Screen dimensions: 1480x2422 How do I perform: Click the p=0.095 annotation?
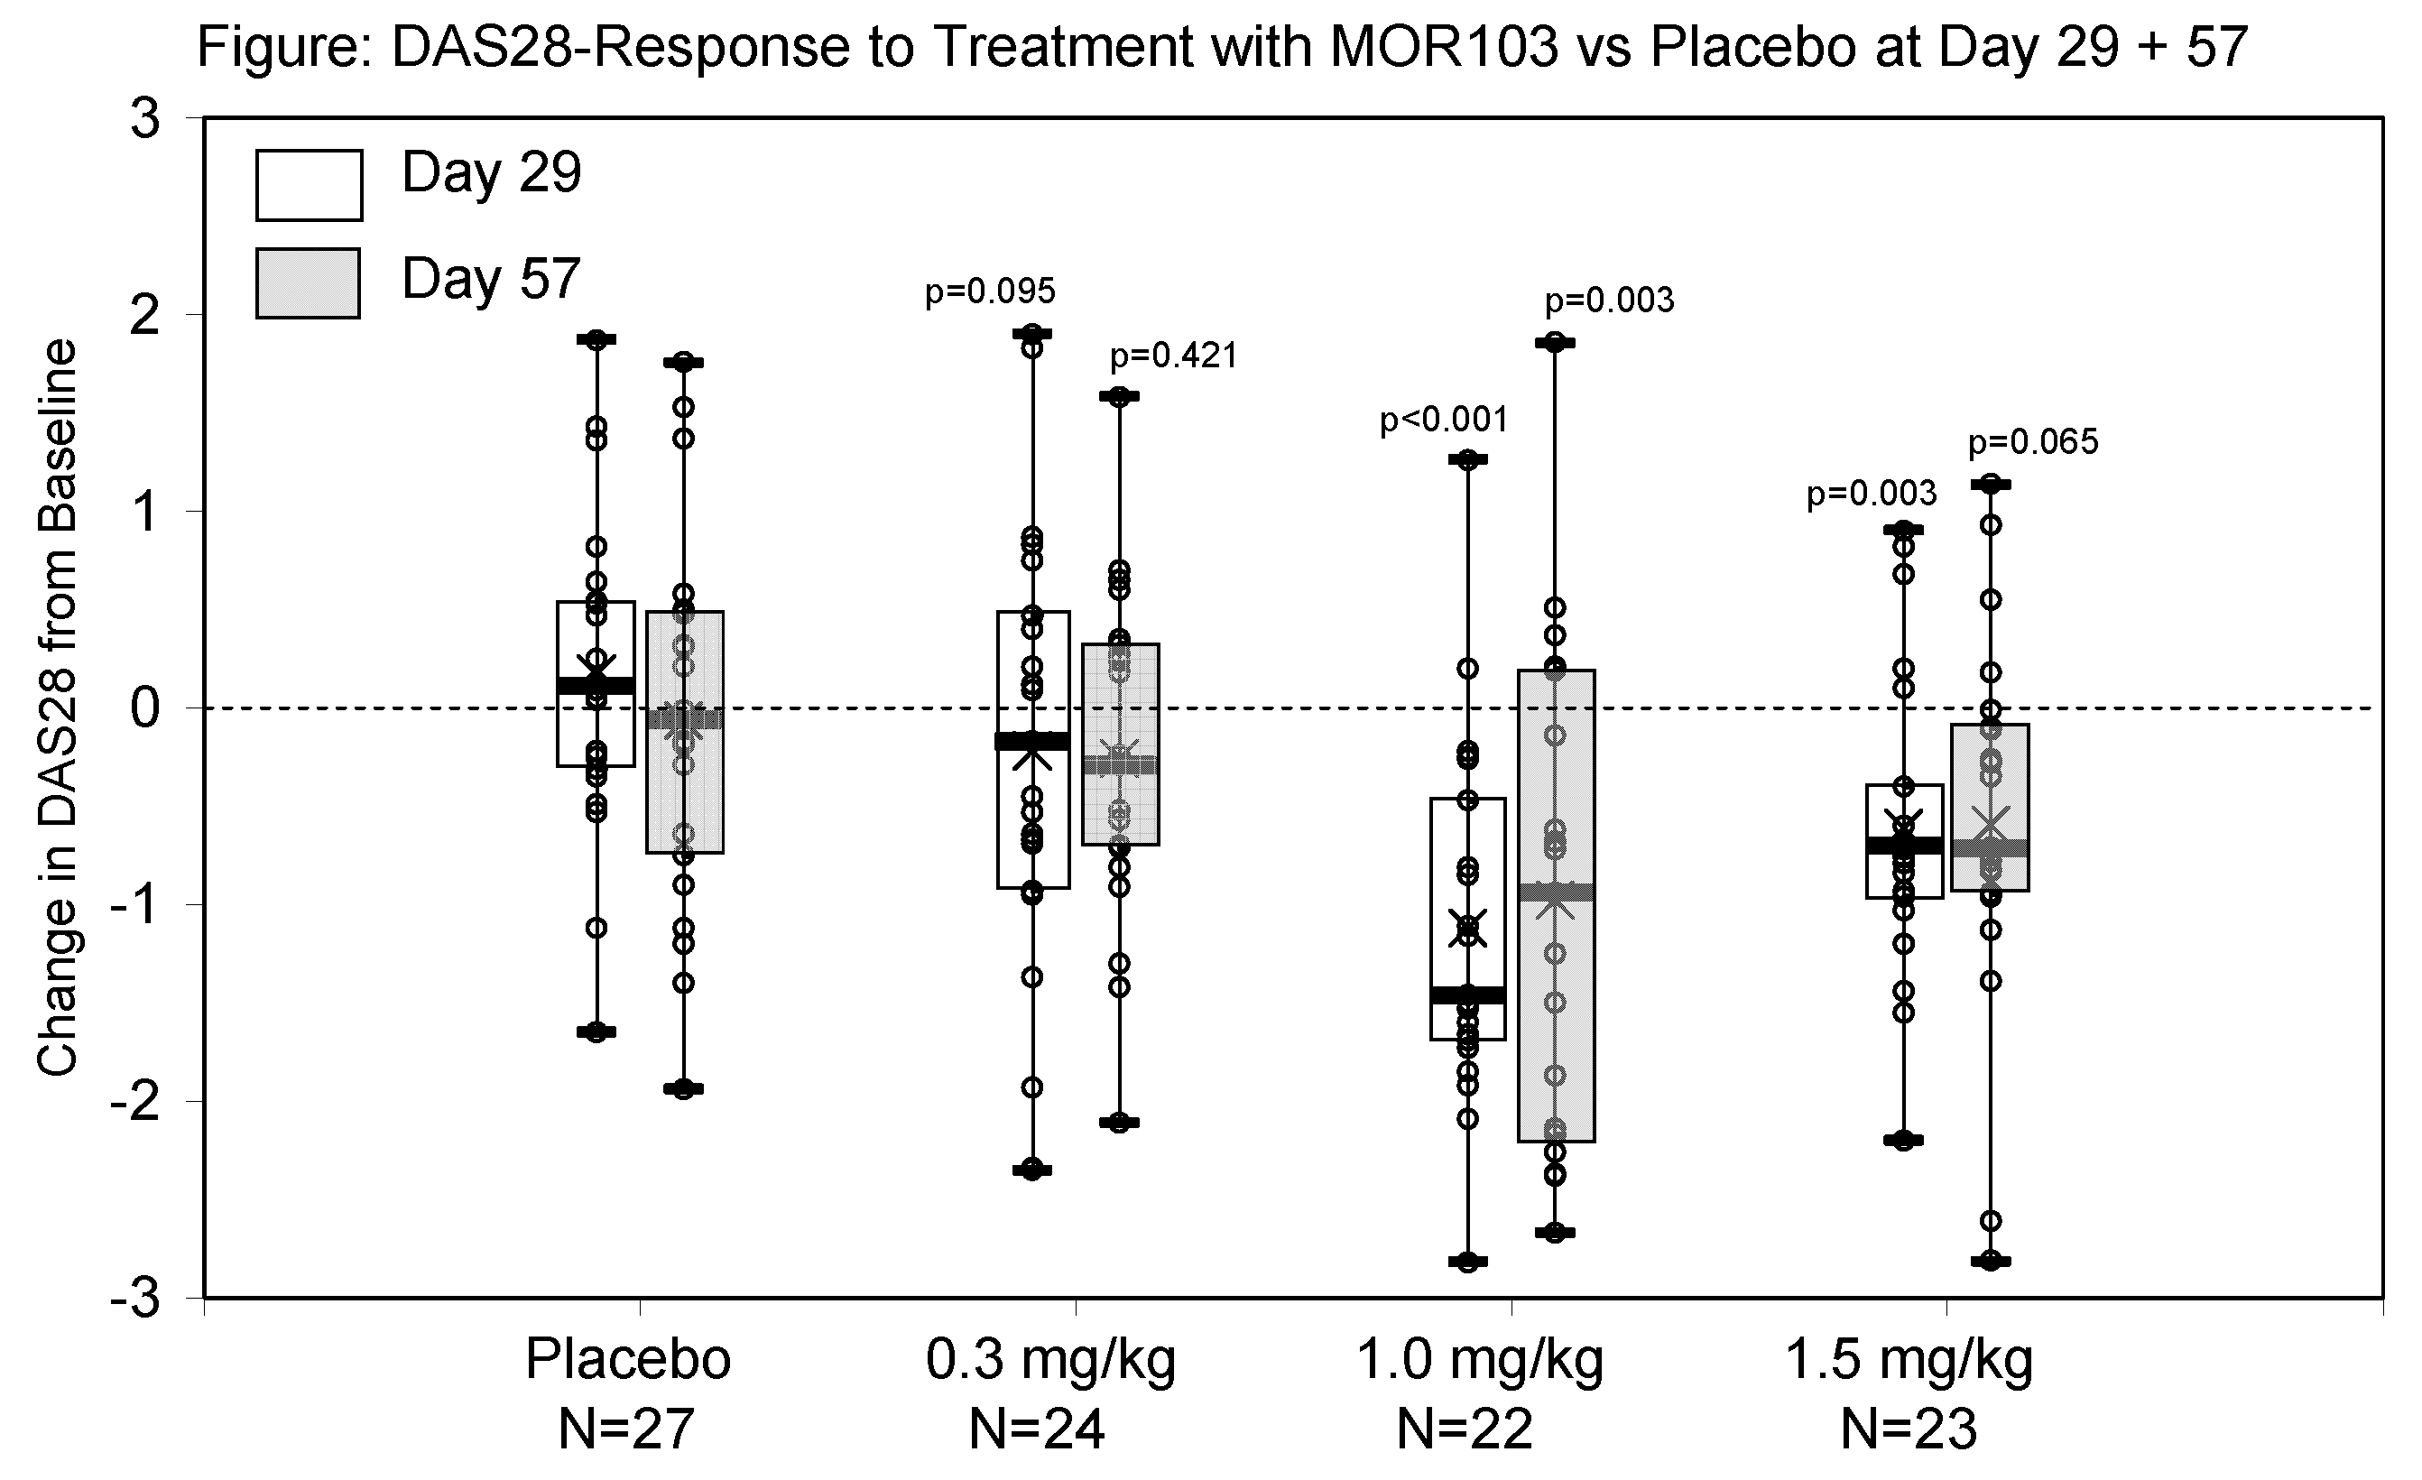[x=990, y=291]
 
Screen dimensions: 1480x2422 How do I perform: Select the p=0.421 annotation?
[x=1174, y=356]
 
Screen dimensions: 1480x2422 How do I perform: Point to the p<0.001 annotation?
[x=1443, y=421]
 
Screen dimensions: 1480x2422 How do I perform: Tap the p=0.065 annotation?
[x=2033, y=443]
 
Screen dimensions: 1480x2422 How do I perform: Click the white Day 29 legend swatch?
[x=309, y=185]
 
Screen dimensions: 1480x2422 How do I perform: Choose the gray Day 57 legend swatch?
[x=308, y=283]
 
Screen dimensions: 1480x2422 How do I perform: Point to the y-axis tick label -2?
[x=135, y=1102]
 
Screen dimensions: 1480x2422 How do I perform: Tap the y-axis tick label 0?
[x=146, y=708]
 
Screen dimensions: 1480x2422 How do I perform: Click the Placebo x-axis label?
[x=628, y=1360]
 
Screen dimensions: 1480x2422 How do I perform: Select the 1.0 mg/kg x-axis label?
[x=1479, y=1360]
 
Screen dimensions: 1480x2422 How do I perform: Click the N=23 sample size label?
[x=1908, y=1429]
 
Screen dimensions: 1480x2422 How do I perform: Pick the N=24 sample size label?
[x=1036, y=1429]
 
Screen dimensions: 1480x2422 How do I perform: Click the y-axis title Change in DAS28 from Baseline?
[x=57, y=708]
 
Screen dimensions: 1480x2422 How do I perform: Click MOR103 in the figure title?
[x=1443, y=46]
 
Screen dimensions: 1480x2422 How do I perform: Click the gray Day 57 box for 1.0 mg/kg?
[x=1555, y=1031]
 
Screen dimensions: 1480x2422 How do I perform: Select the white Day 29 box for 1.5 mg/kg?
[x=1904, y=874]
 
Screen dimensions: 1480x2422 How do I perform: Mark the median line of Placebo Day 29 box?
[x=596, y=686]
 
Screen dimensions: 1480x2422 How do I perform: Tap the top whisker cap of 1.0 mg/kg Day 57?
[x=1555, y=343]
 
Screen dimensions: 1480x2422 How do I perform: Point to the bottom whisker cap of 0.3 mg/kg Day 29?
[x=1032, y=1170]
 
